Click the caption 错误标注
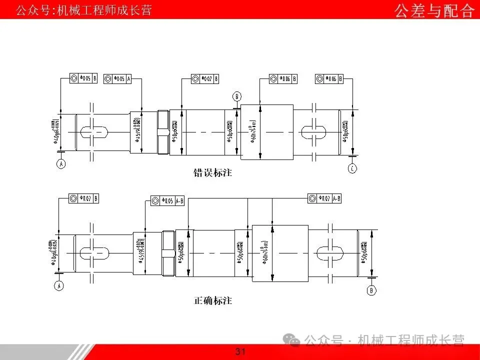coord(212,173)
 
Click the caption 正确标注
coord(212,301)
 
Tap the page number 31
coord(240,352)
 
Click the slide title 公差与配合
coord(434,10)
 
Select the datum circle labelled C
coord(352,168)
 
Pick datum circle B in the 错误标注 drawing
coord(237,96)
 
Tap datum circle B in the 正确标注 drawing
coord(371,290)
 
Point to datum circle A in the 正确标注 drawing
coord(59,286)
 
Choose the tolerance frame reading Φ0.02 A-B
coord(325,198)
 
